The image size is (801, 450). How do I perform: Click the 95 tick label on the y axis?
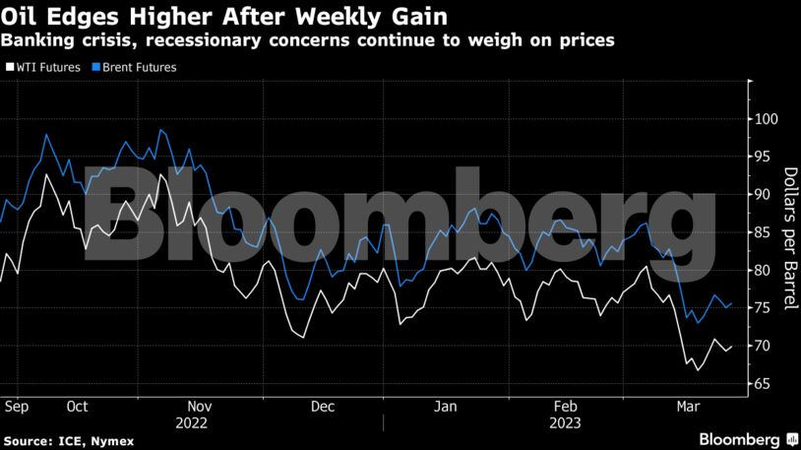tap(764, 157)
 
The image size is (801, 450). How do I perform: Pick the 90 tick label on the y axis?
tap(764, 195)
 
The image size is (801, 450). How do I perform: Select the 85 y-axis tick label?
tap(764, 232)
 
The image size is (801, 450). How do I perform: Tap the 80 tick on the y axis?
tap(764, 270)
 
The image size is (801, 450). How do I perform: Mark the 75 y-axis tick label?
tap(764, 308)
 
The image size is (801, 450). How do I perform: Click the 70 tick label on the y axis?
tap(764, 346)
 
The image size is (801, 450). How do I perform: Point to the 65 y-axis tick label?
tap(764, 383)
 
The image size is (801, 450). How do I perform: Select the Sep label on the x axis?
tap(15, 406)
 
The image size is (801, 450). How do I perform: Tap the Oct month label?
tap(78, 406)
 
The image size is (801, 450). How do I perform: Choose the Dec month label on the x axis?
tap(322, 406)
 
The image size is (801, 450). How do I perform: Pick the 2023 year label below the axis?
tap(566, 422)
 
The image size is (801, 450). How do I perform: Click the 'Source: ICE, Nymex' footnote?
tap(59, 439)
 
